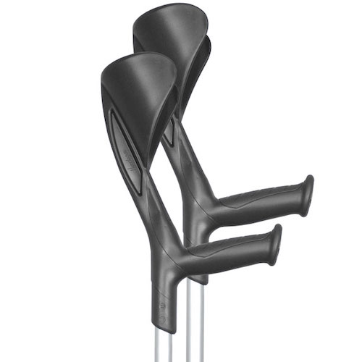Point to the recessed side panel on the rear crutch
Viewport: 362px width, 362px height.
click(x=169, y=134)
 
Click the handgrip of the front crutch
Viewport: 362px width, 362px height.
click(x=232, y=250)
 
